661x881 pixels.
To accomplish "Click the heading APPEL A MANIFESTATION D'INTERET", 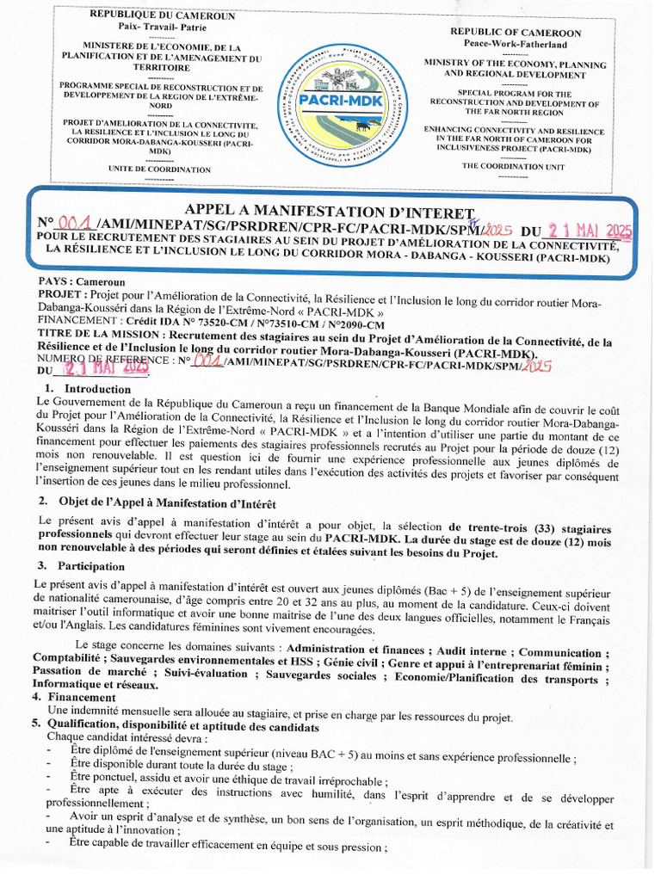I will (x=330, y=212).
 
